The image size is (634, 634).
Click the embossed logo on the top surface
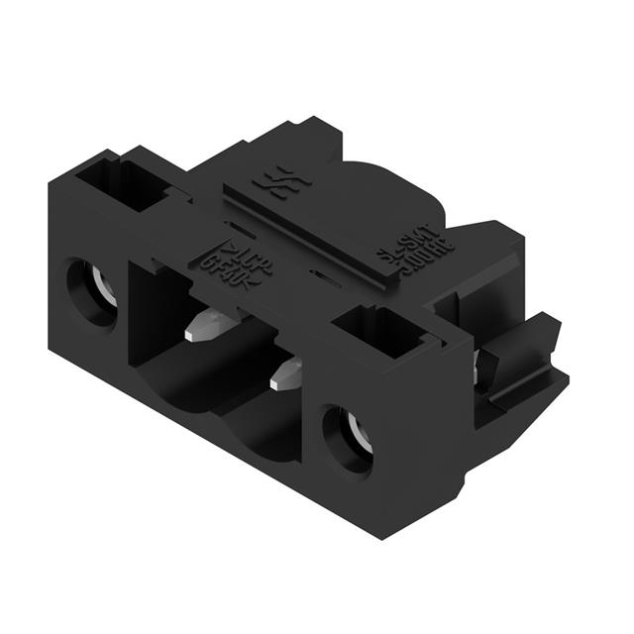click(x=268, y=180)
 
